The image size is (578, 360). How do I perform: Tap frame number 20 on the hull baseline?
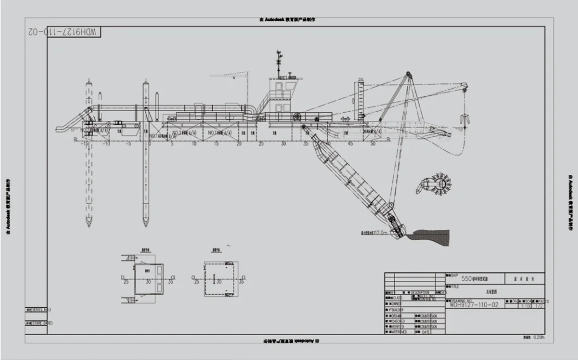[x=238, y=144]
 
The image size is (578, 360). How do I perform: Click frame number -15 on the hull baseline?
[x=84, y=144]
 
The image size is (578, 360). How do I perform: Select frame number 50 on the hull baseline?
[x=373, y=144]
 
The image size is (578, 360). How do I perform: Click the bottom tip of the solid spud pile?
[x=145, y=224]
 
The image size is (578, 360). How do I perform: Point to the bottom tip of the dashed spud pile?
[x=88, y=224]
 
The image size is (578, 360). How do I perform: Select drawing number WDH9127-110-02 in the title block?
[x=474, y=306]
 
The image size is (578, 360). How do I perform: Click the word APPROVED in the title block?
[x=399, y=331]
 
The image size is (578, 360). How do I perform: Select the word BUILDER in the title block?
[x=398, y=309]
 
